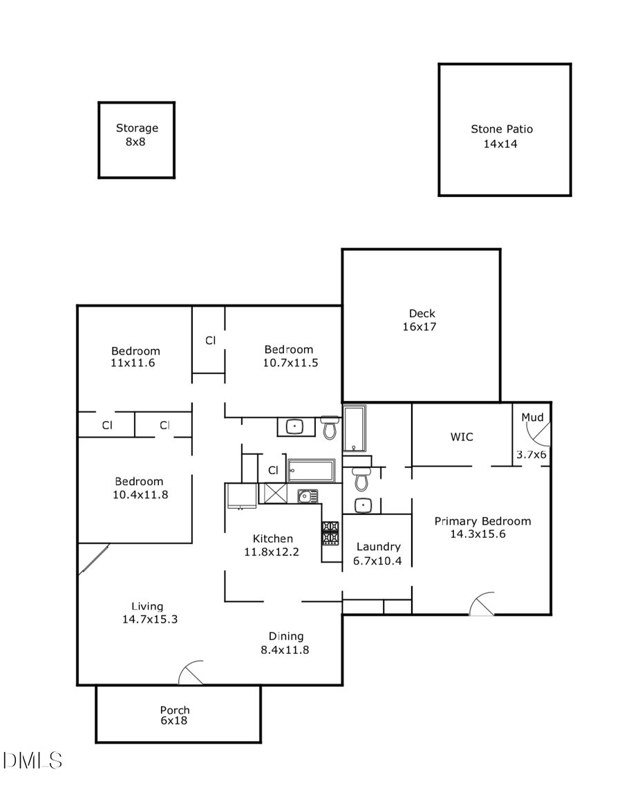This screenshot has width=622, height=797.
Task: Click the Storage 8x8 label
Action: coord(136,135)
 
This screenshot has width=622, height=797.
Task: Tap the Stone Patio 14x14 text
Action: coord(501,136)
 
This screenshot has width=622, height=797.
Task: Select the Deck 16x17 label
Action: coord(421,320)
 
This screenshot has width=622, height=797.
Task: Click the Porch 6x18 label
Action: coord(174,715)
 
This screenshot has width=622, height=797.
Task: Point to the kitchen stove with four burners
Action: coord(330,532)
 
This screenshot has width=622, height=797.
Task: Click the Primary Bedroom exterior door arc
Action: coord(482,604)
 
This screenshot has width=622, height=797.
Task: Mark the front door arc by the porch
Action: coord(191,673)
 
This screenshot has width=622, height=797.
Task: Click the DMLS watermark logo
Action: coord(32,761)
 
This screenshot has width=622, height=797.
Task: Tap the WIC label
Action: coord(461,437)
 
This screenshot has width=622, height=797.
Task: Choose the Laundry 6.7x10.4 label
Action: coord(377,554)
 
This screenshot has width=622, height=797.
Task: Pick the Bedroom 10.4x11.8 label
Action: coord(140,488)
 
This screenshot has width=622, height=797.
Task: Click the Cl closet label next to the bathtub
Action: coord(272,471)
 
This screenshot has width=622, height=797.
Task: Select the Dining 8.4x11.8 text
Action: coord(286,643)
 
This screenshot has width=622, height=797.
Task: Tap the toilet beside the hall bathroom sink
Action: coord(330,429)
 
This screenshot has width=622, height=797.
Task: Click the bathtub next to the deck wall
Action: coord(355,428)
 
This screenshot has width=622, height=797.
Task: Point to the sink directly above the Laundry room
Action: coord(364,505)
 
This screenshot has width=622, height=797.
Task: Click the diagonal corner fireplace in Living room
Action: coord(93,559)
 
